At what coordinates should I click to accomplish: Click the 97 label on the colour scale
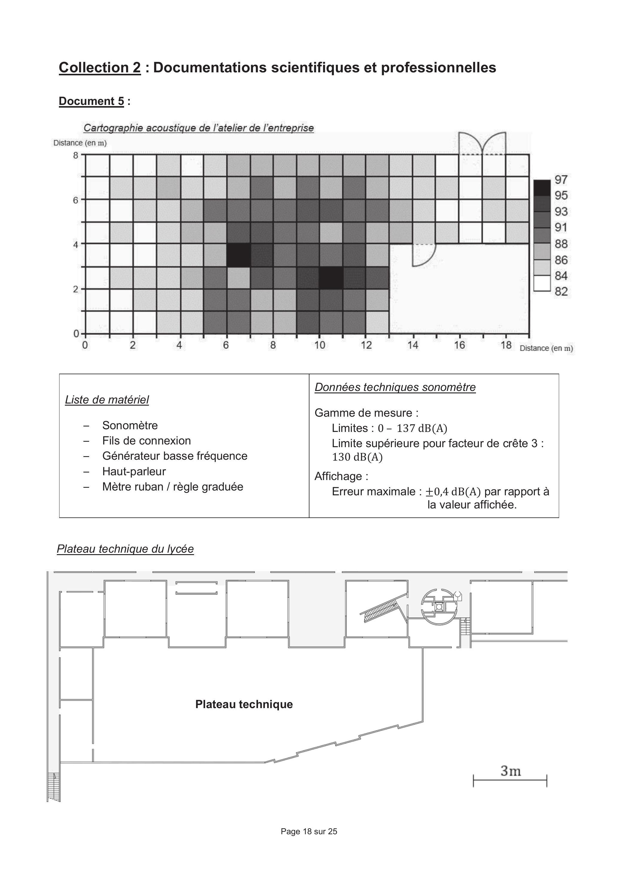[x=561, y=179]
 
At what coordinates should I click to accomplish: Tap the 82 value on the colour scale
[x=561, y=292]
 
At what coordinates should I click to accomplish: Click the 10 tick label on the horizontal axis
[x=320, y=345]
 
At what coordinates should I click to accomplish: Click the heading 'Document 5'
[x=91, y=101]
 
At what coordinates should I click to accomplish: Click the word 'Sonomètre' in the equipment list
[x=130, y=425]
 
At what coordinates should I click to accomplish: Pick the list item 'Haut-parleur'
[x=134, y=471]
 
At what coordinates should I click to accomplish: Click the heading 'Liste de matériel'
[x=107, y=400]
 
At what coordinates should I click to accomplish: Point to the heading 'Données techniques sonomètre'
[x=395, y=387]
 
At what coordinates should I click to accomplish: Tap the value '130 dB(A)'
[x=357, y=457]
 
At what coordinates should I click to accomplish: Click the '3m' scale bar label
[x=511, y=771]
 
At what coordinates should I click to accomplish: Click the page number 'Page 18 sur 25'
[x=309, y=831]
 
